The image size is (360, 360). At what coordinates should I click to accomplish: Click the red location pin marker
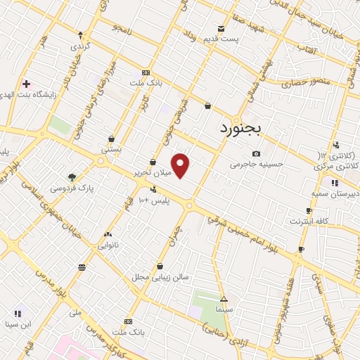181,166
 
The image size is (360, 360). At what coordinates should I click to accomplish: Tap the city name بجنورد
239,128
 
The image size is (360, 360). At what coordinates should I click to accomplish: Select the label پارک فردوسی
72,188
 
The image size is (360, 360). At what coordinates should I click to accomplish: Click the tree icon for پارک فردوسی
71,177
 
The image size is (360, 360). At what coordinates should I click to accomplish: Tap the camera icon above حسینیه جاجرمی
256,154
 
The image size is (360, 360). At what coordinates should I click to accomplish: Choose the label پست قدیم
223,39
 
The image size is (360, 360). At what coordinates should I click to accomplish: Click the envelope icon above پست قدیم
221,29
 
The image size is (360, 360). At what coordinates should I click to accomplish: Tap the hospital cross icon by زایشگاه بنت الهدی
26,84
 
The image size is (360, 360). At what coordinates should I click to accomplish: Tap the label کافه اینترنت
309,221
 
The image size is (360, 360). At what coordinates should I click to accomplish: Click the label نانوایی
108,245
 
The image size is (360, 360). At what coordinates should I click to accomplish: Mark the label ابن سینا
18,324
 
